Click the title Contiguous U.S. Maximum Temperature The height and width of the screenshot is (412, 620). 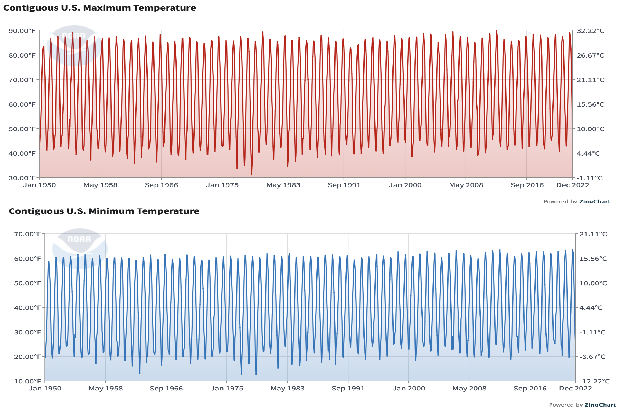[x=99, y=8]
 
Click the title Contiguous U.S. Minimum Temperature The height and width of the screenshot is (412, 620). [x=104, y=211]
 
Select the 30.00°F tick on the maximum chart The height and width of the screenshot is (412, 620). [x=22, y=178]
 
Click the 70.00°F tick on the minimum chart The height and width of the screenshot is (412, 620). [x=28, y=234]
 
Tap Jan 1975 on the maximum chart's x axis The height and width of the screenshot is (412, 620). [x=222, y=185]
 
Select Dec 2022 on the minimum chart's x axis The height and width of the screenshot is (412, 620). [x=575, y=388]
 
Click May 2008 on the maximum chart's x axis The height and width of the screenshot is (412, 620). [x=466, y=185]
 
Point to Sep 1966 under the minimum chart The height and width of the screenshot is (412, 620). [x=166, y=388]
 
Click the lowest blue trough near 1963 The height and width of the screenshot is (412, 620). [x=140, y=373]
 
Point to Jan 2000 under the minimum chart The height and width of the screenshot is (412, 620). [x=409, y=388]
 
